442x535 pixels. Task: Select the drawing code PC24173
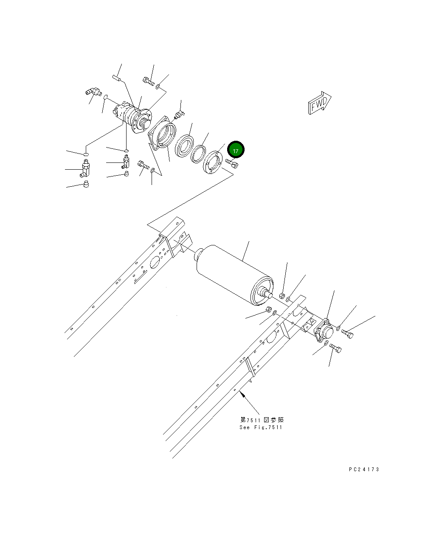pyautogui.click(x=364, y=470)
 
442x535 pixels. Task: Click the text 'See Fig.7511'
pyautogui.click(x=260, y=427)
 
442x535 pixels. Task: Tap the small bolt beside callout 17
pyautogui.click(x=232, y=163)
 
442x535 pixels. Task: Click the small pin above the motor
pyautogui.click(x=117, y=77)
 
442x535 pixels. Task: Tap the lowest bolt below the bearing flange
pyautogui.click(x=335, y=349)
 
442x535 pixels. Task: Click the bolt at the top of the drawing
pyautogui.click(x=148, y=80)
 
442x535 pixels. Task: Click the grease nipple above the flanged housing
pyautogui.click(x=180, y=113)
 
